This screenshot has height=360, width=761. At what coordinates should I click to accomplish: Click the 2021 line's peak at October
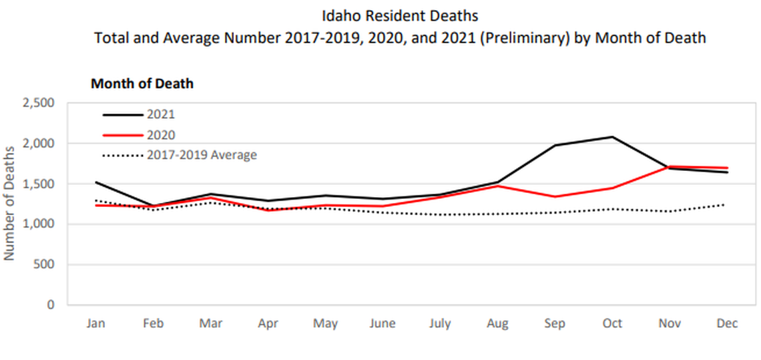[612, 137]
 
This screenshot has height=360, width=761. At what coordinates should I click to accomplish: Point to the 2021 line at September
[555, 145]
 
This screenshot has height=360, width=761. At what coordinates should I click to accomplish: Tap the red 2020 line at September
[555, 197]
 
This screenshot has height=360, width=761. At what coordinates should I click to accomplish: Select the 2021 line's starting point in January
[97, 182]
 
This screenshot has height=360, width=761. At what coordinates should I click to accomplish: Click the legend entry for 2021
[160, 115]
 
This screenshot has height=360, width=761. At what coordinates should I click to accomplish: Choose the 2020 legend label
[160, 135]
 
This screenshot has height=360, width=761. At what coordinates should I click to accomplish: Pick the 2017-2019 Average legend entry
[202, 155]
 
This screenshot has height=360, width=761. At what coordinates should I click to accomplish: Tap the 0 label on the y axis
[51, 305]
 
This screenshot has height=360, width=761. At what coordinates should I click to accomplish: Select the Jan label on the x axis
[97, 323]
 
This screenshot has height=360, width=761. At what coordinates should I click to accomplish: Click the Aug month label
[497, 323]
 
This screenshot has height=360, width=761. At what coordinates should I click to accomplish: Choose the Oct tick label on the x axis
[612, 323]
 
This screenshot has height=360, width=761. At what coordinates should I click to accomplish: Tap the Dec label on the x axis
[727, 323]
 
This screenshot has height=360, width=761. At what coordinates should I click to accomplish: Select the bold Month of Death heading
[142, 83]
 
